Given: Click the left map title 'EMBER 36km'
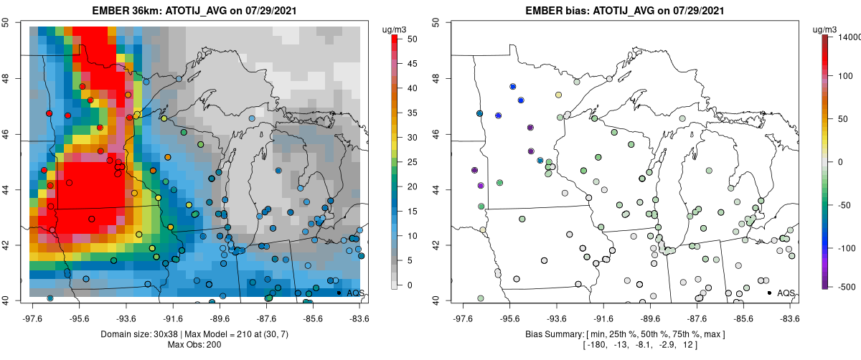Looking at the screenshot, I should point(123,11).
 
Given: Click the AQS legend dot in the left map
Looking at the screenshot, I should point(339,293).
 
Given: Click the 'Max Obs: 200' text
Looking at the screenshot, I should point(194,346).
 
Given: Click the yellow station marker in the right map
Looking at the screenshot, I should point(558,95).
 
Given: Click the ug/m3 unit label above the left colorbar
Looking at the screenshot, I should point(397,29).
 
